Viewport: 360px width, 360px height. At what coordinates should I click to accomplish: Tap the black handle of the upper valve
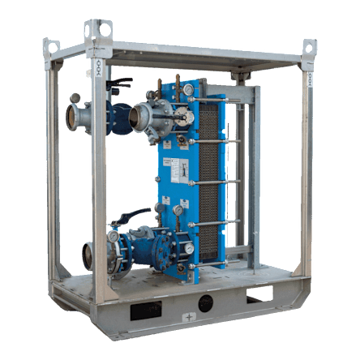point(121,81)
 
